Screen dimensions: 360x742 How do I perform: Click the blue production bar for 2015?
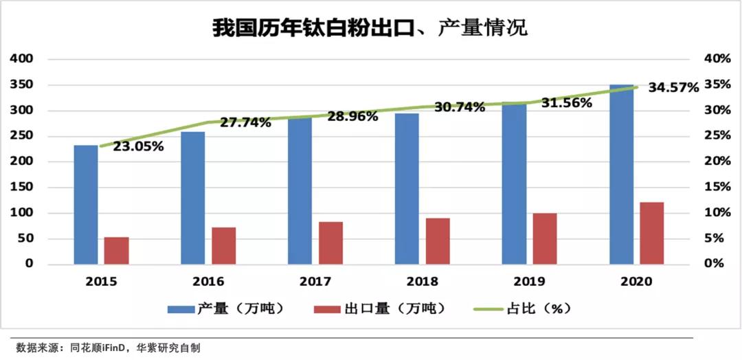coord(86,205)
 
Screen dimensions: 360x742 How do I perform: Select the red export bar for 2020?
coord(652,234)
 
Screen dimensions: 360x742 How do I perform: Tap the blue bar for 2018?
coord(407,189)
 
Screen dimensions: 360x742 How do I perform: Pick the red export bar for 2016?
coord(223,246)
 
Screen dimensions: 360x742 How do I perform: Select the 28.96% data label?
coord(352,117)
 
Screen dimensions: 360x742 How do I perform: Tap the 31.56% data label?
coord(567,104)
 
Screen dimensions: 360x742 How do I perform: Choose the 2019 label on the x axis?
coord(529,282)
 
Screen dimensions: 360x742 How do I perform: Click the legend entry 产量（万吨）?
coord(227,308)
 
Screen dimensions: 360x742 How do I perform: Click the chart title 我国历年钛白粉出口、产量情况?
coord(370,29)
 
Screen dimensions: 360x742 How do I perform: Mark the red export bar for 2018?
coord(438,241)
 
